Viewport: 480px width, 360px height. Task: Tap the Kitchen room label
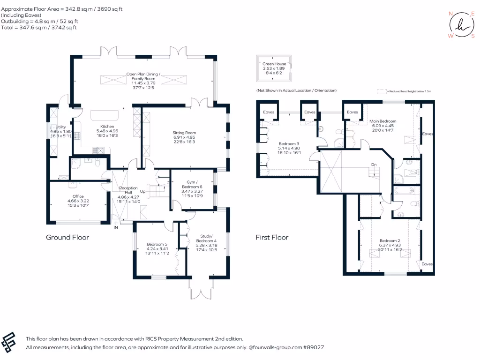point(107,127)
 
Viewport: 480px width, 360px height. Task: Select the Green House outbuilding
point(274,68)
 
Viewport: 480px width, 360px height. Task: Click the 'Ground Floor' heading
point(67,237)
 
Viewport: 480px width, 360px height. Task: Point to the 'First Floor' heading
point(272,237)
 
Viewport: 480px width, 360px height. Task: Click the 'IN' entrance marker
point(115,228)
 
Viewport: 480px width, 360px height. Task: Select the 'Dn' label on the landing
point(373,165)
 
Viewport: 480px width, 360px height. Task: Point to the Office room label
point(78,196)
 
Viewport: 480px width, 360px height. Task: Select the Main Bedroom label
point(384,121)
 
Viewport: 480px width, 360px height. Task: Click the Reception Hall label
point(128,190)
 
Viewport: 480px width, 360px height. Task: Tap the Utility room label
point(60,127)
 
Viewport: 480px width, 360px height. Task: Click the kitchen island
point(102,115)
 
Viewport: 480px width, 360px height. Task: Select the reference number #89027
point(313,347)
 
